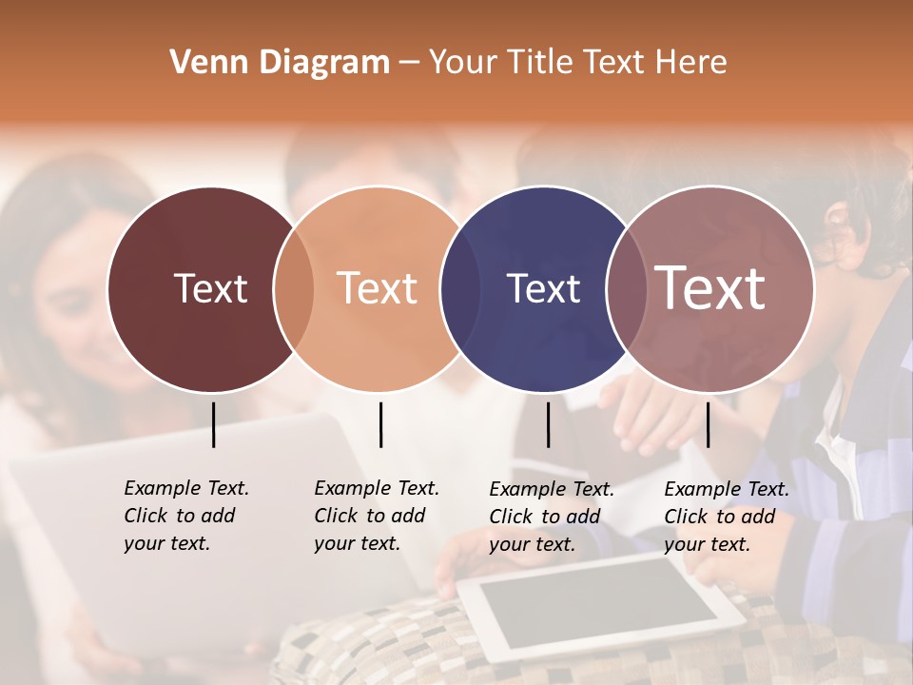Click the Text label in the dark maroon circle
pos(210,288)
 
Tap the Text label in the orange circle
pos(377,288)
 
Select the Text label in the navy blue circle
pos(543,288)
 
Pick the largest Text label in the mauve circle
pos(709,288)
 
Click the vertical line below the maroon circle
pos(213,424)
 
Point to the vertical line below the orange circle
pos(380,424)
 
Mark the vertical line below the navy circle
pos(548,424)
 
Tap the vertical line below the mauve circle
pos(708,424)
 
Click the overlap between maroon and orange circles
pos(294,289)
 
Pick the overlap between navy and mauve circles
pos(625,289)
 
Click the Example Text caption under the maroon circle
pos(185,516)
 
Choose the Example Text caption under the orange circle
pos(376,516)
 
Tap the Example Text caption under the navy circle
pos(551,517)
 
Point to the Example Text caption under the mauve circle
pos(726,517)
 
